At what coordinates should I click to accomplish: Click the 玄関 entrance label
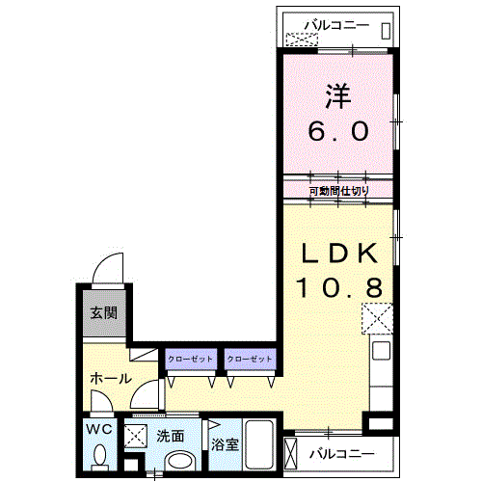pyautogui.click(x=104, y=312)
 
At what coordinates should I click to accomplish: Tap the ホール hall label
pyautogui.click(x=111, y=379)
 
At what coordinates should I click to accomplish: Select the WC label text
pyautogui.click(x=99, y=429)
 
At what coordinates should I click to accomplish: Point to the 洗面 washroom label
pyautogui.click(x=171, y=437)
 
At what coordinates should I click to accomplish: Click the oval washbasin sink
pyautogui.click(x=180, y=462)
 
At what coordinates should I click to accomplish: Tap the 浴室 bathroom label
pyautogui.click(x=225, y=444)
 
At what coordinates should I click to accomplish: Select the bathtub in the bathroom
pyautogui.click(x=259, y=444)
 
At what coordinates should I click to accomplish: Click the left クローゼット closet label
pyautogui.click(x=190, y=359)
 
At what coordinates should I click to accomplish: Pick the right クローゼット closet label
pyautogui.click(x=250, y=359)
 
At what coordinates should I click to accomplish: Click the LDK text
pyautogui.click(x=339, y=254)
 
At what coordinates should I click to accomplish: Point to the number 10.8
pyautogui.click(x=339, y=287)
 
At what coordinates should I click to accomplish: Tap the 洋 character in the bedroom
pyautogui.click(x=338, y=96)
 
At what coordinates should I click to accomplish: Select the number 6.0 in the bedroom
pyautogui.click(x=338, y=131)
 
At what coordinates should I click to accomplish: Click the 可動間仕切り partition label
pyautogui.click(x=339, y=191)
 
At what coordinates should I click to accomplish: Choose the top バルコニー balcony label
pyautogui.click(x=336, y=25)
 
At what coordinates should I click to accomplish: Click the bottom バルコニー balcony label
pyautogui.click(x=342, y=454)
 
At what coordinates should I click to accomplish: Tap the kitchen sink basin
pyautogui.click(x=382, y=351)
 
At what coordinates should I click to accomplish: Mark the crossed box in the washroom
pyautogui.click(x=136, y=436)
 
